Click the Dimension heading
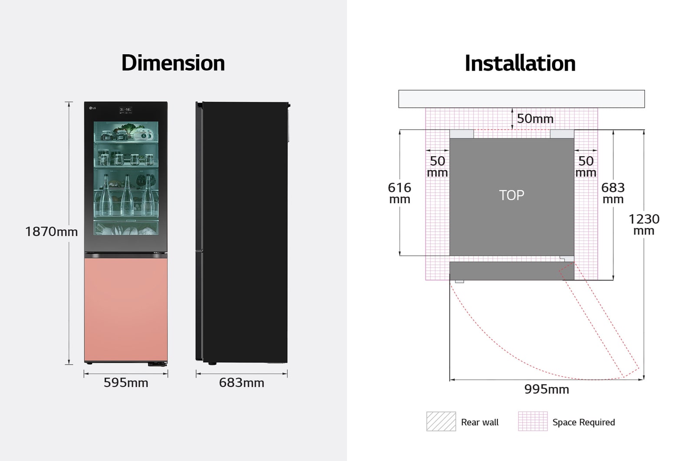point(173,63)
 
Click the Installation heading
point(520,63)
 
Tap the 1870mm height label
point(51,232)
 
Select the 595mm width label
point(126,383)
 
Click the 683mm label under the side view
point(242,383)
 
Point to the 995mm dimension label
point(547,389)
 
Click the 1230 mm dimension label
point(644,224)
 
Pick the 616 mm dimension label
point(399,193)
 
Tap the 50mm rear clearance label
point(535,119)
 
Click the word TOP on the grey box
point(511,195)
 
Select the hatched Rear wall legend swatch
point(441,421)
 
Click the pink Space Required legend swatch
point(533,421)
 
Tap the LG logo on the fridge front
point(93,108)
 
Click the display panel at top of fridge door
point(125,110)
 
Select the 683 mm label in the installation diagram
point(613,193)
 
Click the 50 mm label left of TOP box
point(437,167)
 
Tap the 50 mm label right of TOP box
point(586,167)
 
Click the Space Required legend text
point(583,422)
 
